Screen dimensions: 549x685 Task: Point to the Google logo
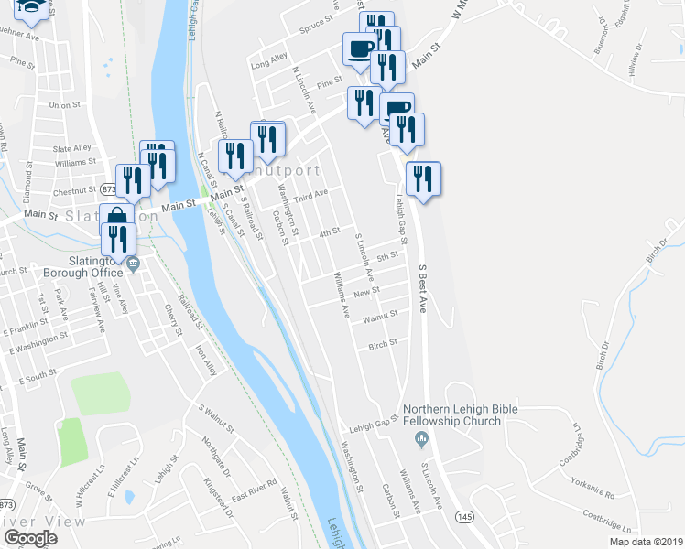tap(30, 538)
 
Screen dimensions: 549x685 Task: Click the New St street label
tap(366, 291)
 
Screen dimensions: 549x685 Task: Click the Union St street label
tap(65, 105)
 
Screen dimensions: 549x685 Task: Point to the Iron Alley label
tap(206, 360)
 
